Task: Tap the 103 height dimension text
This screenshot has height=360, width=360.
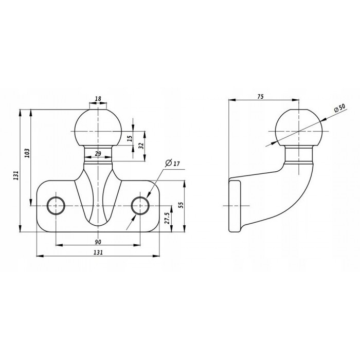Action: tap(28, 153)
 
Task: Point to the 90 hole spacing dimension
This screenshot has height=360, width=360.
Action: tap(98, 242)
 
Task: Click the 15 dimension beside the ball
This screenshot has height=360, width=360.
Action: tap(130, 138)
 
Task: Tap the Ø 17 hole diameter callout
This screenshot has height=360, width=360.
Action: tap(172, 164)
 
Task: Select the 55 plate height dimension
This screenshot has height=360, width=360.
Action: tap(181, 205)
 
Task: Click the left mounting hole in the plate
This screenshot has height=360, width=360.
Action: tap(55, 206)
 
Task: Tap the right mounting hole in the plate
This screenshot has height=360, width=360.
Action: tap(140, 206)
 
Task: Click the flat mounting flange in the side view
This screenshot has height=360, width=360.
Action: tap(236, 206)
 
